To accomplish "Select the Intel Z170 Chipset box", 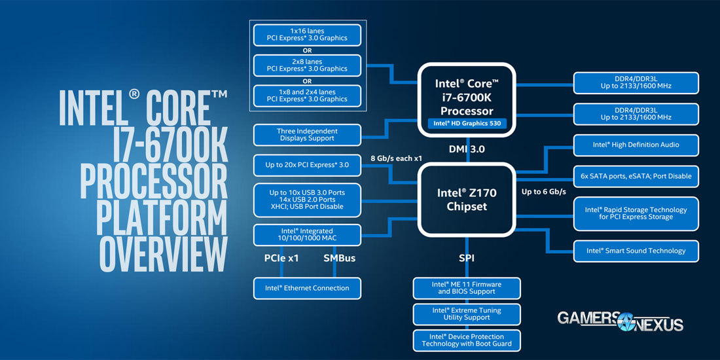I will click(467, 199).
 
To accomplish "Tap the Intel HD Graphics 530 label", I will click(467, 123).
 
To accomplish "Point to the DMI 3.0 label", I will click(467, 149).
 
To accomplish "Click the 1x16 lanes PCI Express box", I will click(307, 35).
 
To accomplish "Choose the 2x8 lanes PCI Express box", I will click(307, 65).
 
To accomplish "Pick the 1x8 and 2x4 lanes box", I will click(307, 95).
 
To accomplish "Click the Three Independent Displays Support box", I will click(307, 135).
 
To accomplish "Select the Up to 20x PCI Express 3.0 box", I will click(307, 165).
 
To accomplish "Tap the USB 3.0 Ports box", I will click(307, 200).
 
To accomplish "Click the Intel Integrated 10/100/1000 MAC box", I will click(307, 235).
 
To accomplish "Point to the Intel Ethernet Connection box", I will click(307, 288).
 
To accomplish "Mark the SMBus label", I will click(339, 259).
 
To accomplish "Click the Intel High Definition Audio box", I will click(636, 145).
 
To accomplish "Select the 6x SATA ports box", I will click(636, 176).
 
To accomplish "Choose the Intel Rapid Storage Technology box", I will click(636, 213).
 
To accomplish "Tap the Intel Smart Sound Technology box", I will click(636, 251).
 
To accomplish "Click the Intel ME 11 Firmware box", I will click(467, 288).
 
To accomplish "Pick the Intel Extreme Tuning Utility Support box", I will click(467, 314).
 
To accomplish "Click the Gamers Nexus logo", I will click(620, 321).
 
